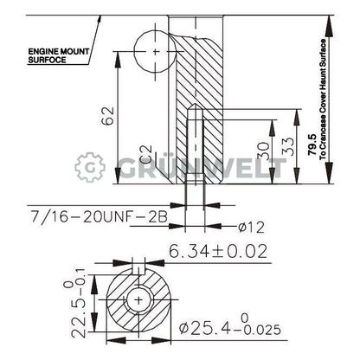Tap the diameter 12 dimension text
point(249,228)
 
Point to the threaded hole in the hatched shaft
point(196,147)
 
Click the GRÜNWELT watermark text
point(208,167)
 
